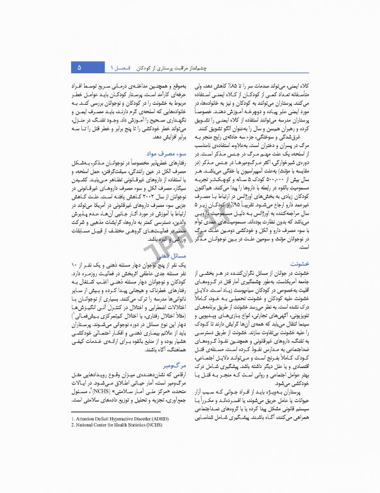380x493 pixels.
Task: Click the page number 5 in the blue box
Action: pyautogui.click(x=79, y=67)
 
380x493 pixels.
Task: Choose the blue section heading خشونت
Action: pyautogui.click(x=301, y=263)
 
